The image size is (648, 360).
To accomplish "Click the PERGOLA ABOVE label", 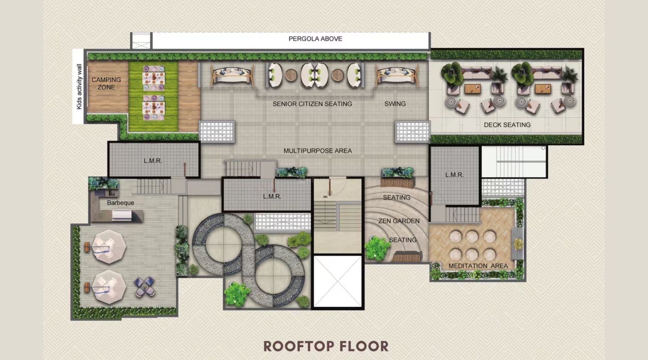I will tap(315, 39).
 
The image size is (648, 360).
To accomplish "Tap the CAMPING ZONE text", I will tap(106, 83).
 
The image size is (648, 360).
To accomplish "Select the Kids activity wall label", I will tap(79, 86).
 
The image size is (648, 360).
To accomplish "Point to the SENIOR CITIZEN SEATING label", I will tap(312, 104).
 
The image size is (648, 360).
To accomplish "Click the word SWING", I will tap(395, 104).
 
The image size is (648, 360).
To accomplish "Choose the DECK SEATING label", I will tap(507, 125).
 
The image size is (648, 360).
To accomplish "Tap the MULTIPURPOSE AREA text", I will tap(318, 151).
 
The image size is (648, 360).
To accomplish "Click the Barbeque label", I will tap(120, 203).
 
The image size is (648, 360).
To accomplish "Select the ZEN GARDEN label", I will tap(399, 221).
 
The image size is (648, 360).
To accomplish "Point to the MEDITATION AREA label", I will tap(478, 266).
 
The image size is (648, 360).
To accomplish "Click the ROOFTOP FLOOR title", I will tap(326, 346).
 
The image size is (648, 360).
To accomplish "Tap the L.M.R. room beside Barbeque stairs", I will tap(153, 160).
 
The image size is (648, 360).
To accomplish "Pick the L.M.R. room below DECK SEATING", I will tap(454, 175).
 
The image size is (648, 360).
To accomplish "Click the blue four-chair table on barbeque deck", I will tap(145, 286).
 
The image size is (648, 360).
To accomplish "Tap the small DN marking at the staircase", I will tap(325, 196).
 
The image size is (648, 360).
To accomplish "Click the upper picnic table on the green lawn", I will tap(154, 78).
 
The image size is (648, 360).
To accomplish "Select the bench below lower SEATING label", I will tap(407, 257).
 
